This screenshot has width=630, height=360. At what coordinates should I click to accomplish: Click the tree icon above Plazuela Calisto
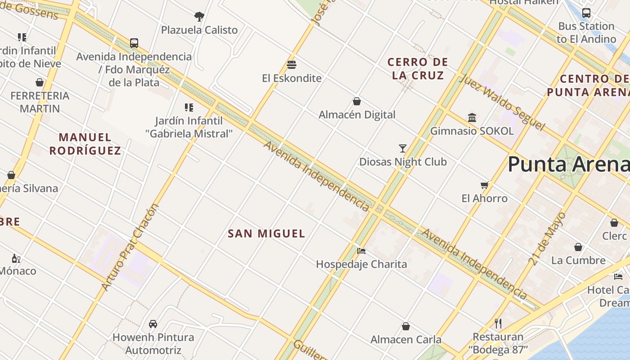tap(199, 17)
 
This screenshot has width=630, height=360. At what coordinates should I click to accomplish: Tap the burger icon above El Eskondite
tap(292, 65)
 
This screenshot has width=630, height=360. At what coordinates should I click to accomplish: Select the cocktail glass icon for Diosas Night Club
tap(403, 148)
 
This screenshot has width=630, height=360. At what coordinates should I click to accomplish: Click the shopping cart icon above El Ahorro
tap(484, 185)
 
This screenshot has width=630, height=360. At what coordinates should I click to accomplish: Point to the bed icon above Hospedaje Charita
tap(361, 251)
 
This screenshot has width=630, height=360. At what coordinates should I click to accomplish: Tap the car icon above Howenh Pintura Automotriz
tap(153, 324)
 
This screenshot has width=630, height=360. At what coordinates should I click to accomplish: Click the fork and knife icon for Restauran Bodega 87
tap(498, 324)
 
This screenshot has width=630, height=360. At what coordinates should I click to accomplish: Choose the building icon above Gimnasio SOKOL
tap(472, 118)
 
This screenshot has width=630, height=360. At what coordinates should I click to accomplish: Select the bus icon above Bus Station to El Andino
tap(586, 13)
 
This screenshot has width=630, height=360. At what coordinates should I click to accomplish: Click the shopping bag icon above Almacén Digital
tap(357, 101)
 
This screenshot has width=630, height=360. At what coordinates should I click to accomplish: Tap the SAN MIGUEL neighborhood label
tap(266, 234)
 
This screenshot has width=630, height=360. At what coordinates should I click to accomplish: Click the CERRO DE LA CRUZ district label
tap(418, 68)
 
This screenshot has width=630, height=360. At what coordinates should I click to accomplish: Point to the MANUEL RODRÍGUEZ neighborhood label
tap(85, 144)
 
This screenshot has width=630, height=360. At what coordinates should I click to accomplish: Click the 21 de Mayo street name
tap(548, 238)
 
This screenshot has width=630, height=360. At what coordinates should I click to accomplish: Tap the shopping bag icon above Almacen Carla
tap(406, 326)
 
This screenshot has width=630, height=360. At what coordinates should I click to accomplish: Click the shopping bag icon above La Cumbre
tap(578, 247)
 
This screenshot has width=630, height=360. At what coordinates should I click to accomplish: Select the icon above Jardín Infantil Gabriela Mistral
tap(189, 108)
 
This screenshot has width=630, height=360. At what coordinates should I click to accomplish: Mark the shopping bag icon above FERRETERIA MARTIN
tap(40, 82)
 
